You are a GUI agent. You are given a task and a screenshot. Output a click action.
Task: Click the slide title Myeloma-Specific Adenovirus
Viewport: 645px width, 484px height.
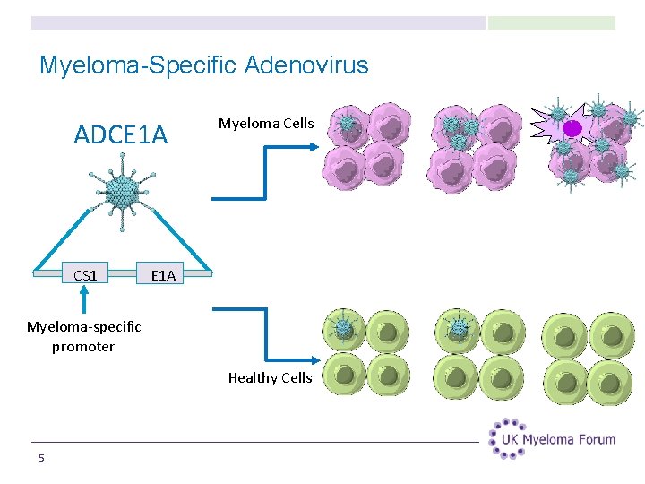click(203, 65)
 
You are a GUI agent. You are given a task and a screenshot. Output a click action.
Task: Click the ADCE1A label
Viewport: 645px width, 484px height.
click(120, 134)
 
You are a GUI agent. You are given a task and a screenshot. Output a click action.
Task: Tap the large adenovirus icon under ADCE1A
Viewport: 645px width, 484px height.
click(122, 190)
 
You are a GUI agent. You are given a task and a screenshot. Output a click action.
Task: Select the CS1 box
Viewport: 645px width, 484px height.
click(85, 275)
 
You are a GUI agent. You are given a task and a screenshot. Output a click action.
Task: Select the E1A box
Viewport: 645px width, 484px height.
click(163, 275)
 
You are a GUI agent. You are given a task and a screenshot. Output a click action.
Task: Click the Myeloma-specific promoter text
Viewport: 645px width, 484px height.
click(83, 336)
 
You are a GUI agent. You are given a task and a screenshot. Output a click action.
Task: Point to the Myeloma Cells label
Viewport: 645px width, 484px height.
click(266, 123)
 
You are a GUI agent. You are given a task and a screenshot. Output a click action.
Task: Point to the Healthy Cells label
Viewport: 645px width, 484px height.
click(270, 377)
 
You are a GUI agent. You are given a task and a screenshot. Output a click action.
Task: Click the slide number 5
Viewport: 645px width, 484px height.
click(41, 459)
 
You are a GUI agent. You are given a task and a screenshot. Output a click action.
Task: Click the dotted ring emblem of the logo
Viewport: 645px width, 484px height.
click(508, 438)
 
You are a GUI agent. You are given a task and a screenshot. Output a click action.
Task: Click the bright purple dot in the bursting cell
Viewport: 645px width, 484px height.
click(572, 128)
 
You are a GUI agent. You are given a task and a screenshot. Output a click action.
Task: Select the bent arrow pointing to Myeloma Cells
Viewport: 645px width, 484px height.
click(264, 170)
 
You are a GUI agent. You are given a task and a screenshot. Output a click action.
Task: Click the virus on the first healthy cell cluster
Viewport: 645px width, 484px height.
click(342, 327)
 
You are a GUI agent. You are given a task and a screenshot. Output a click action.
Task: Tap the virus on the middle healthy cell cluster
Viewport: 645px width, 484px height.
click(459, 328)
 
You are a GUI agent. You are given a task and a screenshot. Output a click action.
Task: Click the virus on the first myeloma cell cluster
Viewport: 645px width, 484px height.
click(347, 123)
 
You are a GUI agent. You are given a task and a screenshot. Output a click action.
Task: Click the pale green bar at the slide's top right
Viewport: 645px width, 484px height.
click(551, 22)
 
